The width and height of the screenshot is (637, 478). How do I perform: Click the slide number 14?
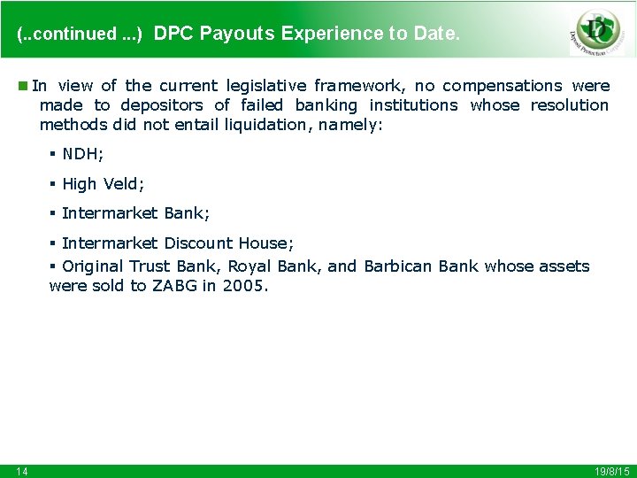click(21, 471)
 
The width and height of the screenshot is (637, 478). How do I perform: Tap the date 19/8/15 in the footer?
click(611, 471)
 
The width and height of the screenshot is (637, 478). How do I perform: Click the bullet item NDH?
click(82, 154)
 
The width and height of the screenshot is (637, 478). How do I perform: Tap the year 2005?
click(243, 285)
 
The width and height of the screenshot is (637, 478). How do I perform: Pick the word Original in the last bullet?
click(93, 266)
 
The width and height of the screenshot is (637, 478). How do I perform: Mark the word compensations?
click(502, 86)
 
